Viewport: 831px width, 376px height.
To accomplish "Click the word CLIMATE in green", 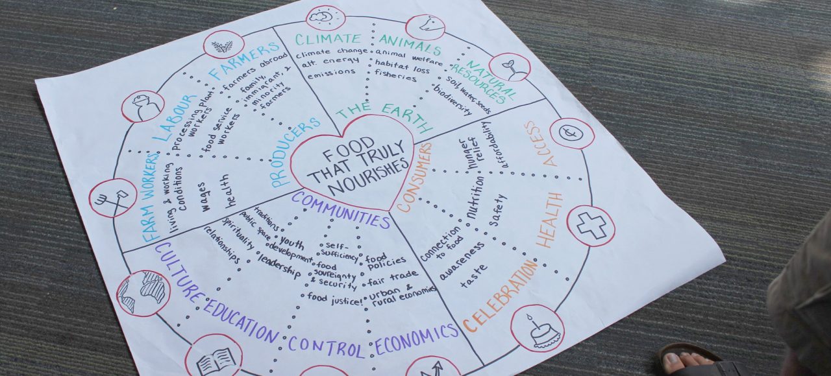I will coord(328,38).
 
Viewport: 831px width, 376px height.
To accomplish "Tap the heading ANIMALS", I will coord(410,45).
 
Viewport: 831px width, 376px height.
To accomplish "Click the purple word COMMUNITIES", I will coord(341,208).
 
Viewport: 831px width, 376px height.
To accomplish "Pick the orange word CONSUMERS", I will coord(415,177).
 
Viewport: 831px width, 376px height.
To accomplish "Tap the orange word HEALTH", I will coord(549,219).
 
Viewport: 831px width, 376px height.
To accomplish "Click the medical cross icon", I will coord(591,226).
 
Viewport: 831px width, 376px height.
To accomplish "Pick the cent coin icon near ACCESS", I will coord(571,133).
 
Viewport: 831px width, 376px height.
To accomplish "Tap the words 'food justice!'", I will coord(335,298).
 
